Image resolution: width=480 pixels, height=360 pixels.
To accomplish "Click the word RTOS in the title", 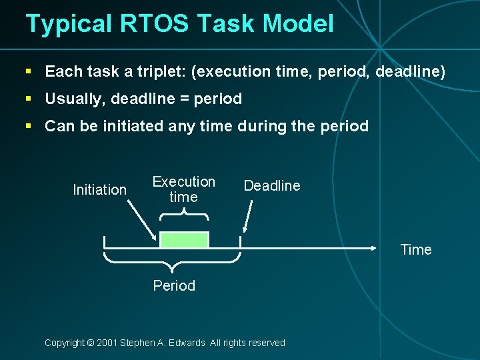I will [150, 24].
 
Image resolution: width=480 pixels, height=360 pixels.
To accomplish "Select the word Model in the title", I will [298, 24].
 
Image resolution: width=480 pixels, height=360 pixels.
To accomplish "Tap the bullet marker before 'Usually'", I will [29, 99].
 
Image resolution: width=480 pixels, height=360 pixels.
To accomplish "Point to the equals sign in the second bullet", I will [183, 99].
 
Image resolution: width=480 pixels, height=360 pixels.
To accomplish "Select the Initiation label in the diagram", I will [99, 190].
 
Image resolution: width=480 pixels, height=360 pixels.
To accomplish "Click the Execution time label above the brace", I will [183, 189].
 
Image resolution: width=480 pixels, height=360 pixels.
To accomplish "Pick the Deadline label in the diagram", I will [272, 186].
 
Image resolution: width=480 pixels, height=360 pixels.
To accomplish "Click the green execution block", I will [184, 240].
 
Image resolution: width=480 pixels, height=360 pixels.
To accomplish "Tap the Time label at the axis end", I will [416, 250].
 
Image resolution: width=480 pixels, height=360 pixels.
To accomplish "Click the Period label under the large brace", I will [174, 286].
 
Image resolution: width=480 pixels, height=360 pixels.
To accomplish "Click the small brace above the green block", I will [184, 214].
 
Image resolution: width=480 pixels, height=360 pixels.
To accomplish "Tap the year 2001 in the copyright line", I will [107, 343].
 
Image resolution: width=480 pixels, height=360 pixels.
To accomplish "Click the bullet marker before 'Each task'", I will [29, 71].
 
